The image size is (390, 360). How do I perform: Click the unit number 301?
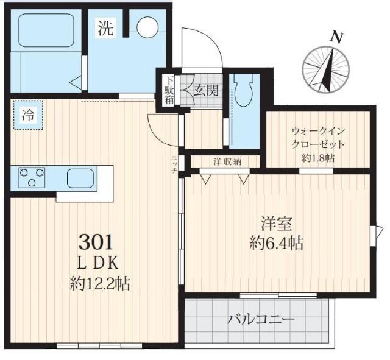[96, 242]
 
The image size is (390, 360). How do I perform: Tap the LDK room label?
[98, 263]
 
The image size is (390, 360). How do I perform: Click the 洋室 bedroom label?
[276, 222]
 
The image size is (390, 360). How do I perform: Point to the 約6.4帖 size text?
[276, 243]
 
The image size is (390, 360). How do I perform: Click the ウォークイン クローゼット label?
[318, 138]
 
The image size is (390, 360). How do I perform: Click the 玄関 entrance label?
[206, 91]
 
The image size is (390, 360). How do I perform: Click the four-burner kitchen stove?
[32, 178]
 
